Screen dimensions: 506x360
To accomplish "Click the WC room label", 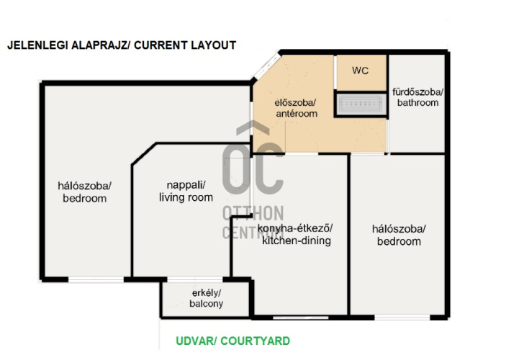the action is (x=360, y=71).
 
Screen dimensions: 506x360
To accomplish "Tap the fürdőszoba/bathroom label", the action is (x=417, y=97).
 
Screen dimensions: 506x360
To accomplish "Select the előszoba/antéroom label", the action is (x=297, y=108).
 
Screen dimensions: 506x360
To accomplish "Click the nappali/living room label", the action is (x=186, y=191).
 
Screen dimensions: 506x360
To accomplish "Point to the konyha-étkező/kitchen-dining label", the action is (x=297, y=235).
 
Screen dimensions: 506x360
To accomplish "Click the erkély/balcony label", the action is (x=206, y=298).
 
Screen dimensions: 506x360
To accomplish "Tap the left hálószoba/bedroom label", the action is (x=84, y=192).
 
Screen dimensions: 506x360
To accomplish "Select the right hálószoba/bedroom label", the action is (x=399, y=235).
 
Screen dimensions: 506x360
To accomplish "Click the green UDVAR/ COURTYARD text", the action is (x=232, y=341).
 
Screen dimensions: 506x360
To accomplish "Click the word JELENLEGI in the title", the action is (x=37, y=45).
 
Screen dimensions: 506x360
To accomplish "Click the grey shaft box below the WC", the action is (x=361, y=104).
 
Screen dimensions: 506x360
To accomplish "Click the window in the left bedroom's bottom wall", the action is (x=96, y=279).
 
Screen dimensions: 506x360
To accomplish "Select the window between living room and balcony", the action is (x=195, y=279).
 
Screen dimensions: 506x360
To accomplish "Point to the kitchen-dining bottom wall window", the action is (x=300, y=318).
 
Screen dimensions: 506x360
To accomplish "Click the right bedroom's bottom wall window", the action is (x=402, y=318).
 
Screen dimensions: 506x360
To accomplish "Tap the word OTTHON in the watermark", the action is (x=253, y=213).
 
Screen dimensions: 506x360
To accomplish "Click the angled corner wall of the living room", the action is (x=144, y=153).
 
